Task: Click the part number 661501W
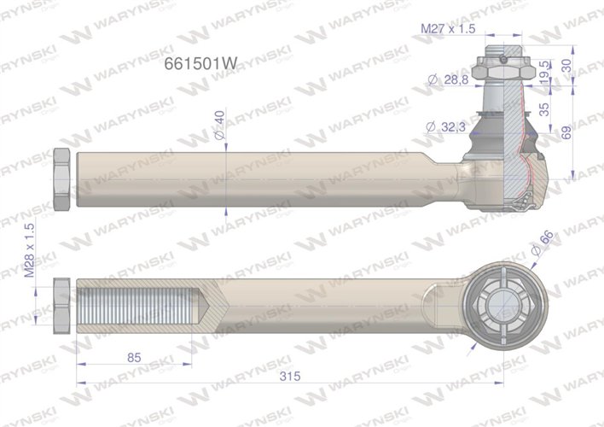pos(200,63)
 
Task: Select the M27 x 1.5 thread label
pos(448,28)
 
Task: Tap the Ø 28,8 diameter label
pos(449,79)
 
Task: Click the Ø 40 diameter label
pos(219,125)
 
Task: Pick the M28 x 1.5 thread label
pos(30,250)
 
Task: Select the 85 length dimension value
pos(134,358)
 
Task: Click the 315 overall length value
pos(290,376)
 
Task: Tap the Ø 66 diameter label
pos(542,243)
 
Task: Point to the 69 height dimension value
pos(566,132)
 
